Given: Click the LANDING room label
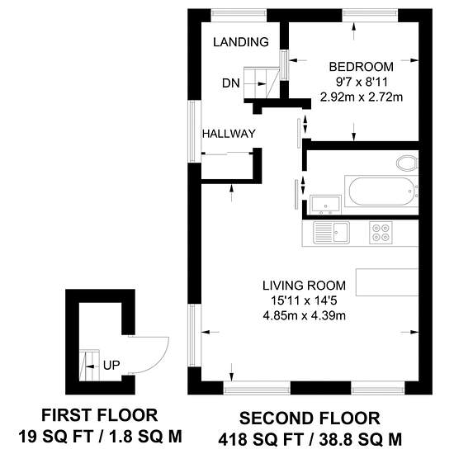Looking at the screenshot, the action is [x=241, y=42].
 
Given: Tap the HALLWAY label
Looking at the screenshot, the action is [x=229, y=134].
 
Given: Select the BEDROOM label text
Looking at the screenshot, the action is [x=361, y=67].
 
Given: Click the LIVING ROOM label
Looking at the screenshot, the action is [x=304, y=286].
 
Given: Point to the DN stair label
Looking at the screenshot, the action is [x=231, y=83].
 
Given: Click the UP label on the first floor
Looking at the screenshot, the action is [x=111, y=366].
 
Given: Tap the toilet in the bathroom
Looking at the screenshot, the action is [x=407, y=163].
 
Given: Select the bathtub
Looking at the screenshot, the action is [x=381, y=192].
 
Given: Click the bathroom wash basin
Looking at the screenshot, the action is [x=325, y=205].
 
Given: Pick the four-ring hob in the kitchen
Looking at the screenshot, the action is [x=381, y=233].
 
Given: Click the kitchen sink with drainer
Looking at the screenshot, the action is [x=332, y=233].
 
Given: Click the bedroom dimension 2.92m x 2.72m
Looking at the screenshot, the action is [x=362, y=97].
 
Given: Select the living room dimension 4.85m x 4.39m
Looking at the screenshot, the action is [x=305, y=315].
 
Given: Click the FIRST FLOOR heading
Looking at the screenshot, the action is [x=100, y=415].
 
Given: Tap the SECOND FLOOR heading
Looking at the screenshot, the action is [x=310, y=419].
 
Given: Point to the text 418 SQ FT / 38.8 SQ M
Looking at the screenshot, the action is [x=310, y=439].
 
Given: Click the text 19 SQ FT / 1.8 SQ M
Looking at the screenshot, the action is [x=100, y=437].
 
